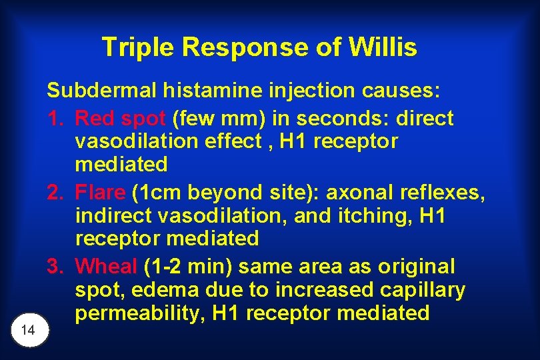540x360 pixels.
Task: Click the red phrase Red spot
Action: click(x=120, y=119)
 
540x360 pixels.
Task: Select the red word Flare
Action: click(x=100, y=193)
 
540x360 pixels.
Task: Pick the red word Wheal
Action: click(x=106, y=267)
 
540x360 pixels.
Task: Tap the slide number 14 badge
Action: click(x=28, y=330)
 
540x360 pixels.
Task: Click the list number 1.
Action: click(x=55, y=119)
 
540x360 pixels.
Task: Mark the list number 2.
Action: click(x=55, y=193)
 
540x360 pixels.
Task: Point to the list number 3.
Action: click(x=55, y=267)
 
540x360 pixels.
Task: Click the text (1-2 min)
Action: click(x=187, y=267)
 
